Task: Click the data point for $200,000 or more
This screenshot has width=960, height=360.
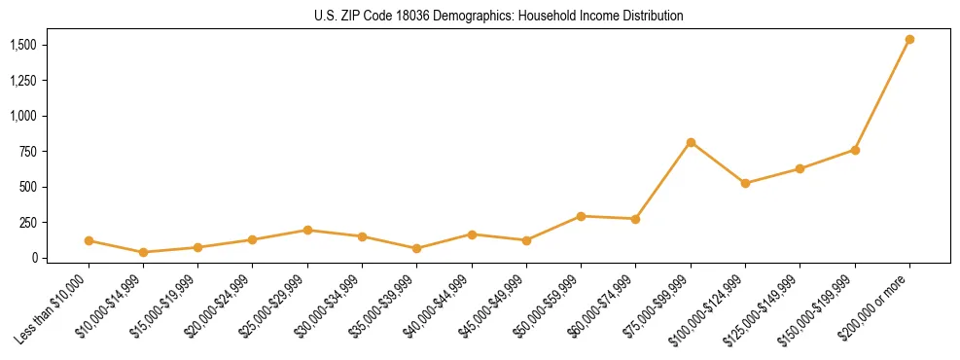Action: (909, 40)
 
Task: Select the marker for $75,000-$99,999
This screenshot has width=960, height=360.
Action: (691, 142)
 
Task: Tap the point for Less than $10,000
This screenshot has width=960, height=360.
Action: (89, 240)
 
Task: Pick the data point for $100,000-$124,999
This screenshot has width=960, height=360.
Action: (745, 183)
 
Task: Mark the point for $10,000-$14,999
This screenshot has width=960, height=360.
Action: (144, 252)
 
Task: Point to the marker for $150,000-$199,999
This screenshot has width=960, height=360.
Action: (855, 150)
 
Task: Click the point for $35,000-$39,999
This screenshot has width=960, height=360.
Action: (417, 248)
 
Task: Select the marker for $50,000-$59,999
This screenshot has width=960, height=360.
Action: (581, 216)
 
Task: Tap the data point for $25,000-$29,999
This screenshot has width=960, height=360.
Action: (307, 230)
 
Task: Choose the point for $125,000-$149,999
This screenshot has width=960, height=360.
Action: (800, 168)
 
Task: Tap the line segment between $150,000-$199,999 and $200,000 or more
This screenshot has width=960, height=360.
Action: (882, 95)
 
